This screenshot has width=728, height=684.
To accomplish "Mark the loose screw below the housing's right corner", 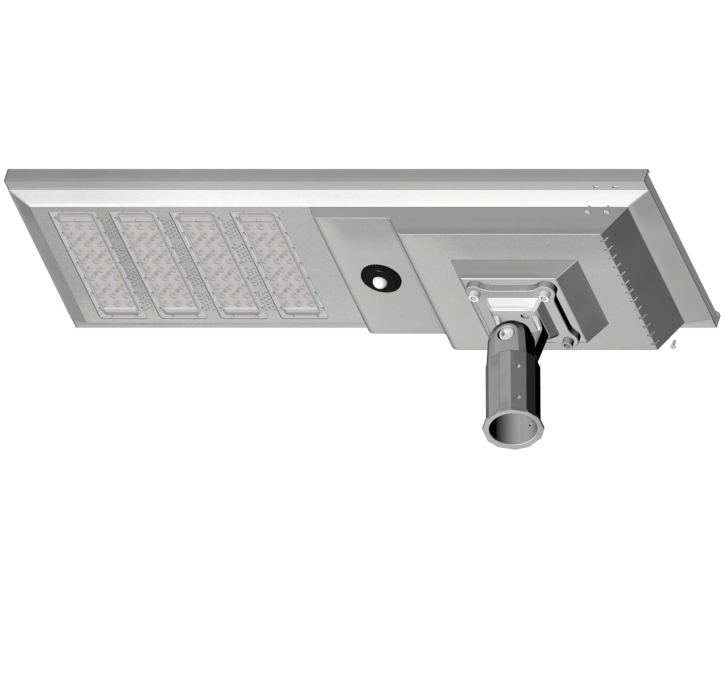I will point(673,344).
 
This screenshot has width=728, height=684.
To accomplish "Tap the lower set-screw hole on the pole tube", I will point(519,397).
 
